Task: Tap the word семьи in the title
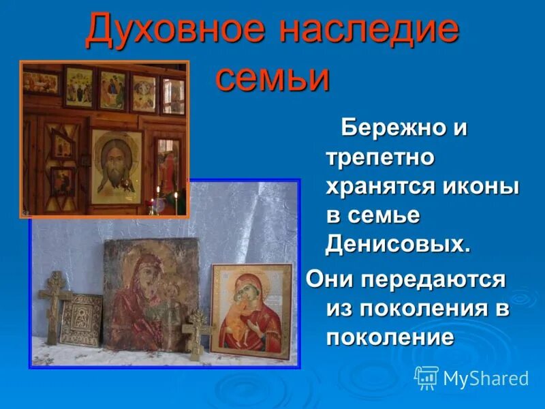[272, 77]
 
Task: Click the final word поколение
[390, 337]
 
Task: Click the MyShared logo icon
[426, 377]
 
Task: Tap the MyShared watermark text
[486, 378]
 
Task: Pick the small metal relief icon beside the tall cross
[80, 318]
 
